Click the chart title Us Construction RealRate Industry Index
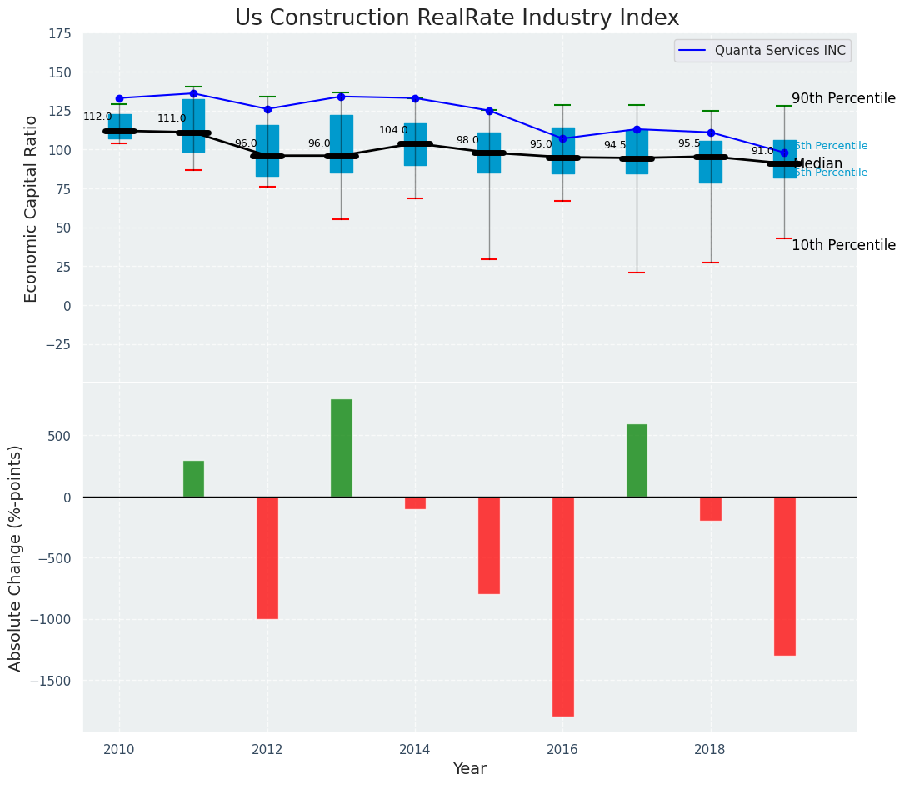point(457,18)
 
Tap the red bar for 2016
point(562,606)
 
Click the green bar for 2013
point(341,447)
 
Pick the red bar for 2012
point(267,557)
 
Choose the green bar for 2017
point(637,460)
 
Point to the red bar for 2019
point(784,576)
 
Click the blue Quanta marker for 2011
point(193,93)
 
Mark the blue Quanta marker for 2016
point(562,138)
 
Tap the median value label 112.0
point(97,117)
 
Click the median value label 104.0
point(393,130)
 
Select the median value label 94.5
point(615,145)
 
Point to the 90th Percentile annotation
point(843,98)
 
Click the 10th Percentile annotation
point(843,245)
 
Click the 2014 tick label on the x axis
point(415,749)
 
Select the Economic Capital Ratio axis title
point(32,208)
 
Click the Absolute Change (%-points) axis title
point(16,557)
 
